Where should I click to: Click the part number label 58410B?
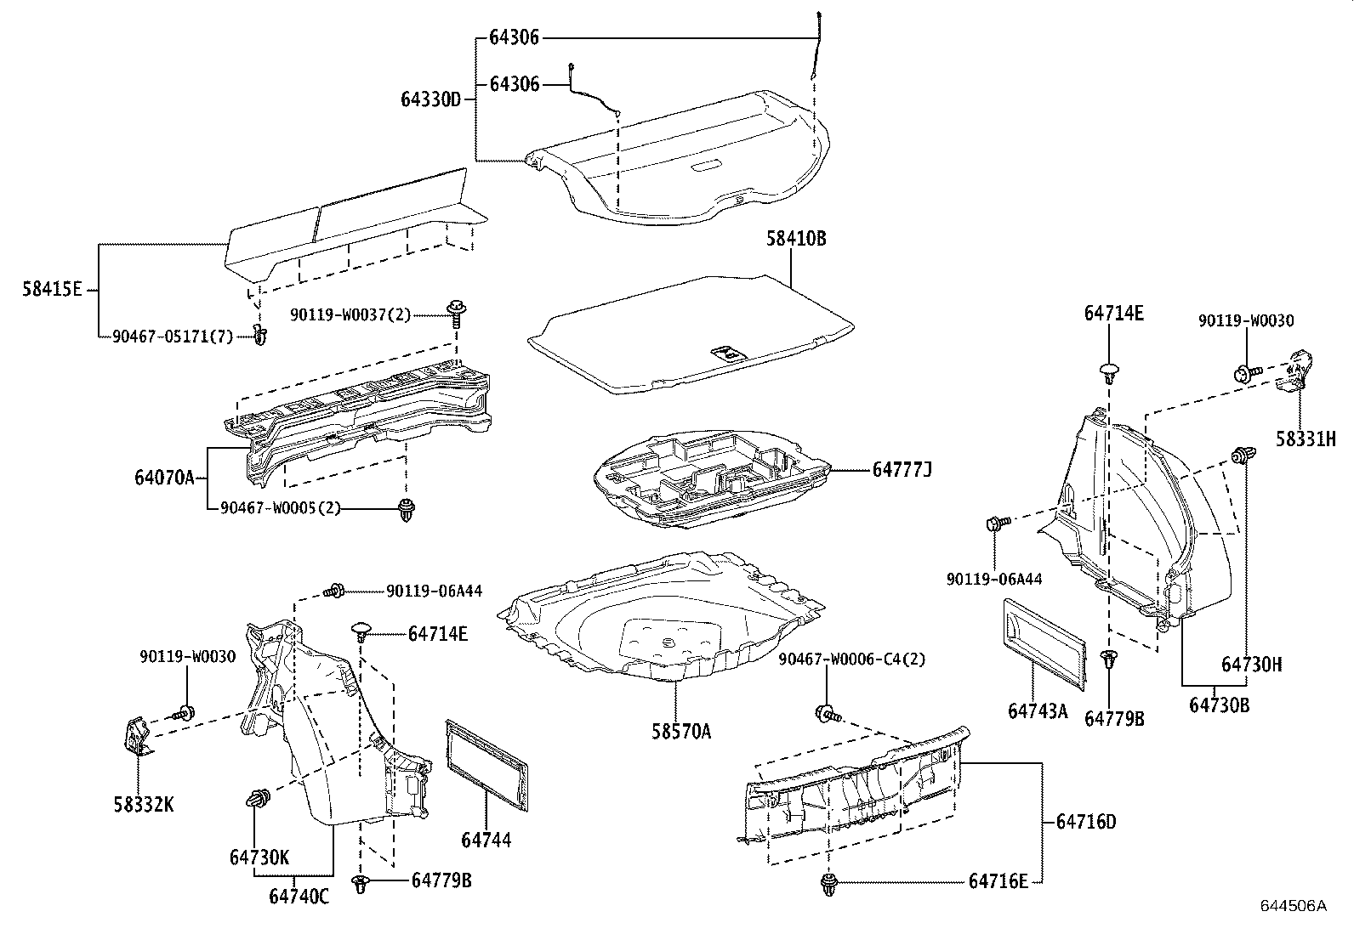[x=796, y=239]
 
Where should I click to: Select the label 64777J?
[x=902, y=469]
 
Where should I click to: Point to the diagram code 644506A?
[x=1293, y=905]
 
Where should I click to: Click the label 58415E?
[x=52, y=289]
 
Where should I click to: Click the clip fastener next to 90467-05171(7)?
[x=260, y=337]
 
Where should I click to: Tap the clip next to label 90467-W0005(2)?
[x=407, y=511]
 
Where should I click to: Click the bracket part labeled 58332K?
[x=137, y=736]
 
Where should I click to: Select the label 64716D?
[x=1085, y=822]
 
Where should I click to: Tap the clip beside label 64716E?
[x=829, y=885]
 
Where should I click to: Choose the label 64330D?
[x=431, y=99]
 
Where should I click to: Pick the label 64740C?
[x=299, y=896]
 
